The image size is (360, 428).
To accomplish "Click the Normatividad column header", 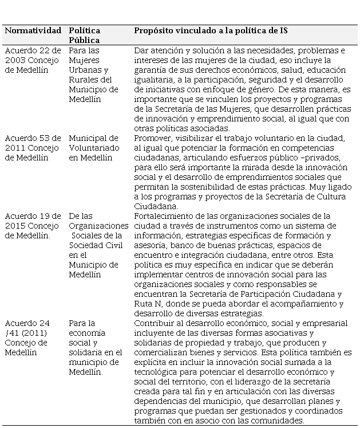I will (x=33, y=30).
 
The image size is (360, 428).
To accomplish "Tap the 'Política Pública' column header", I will (x=84, y=35).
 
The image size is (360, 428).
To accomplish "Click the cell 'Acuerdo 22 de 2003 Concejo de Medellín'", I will (x=33, y=60).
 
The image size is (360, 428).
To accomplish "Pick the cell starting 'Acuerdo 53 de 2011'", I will (x=33, y=148).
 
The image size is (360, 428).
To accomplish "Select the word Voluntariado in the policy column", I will (x=94, y=148).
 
